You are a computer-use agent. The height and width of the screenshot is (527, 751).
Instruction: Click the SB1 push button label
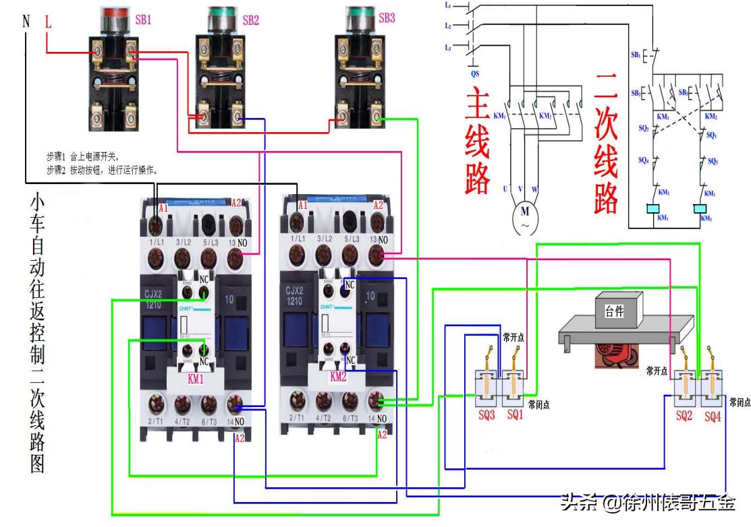[x=143, y=20]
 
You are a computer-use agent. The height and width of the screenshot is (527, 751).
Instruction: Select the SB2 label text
[x=250, y=20]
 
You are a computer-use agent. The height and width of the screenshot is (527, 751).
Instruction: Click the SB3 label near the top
[x=387, y=18]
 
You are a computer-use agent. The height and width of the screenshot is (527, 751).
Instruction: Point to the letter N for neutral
[x=26, y=22]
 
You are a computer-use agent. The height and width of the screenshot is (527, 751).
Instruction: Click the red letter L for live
[x=48, y=22]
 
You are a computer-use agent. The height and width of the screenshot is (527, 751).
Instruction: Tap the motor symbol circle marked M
[x=524, y=217]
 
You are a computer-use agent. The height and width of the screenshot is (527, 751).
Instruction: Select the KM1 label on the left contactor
[x=196, y=379]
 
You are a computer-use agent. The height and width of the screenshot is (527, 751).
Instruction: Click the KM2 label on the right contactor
[x=338, y=377]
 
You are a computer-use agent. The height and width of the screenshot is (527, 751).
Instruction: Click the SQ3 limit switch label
[x=486, y=415]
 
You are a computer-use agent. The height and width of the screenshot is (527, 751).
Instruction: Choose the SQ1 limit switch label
[x=515, y=415]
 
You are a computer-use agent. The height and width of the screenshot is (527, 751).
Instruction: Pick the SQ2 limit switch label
[x=684, y=416]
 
